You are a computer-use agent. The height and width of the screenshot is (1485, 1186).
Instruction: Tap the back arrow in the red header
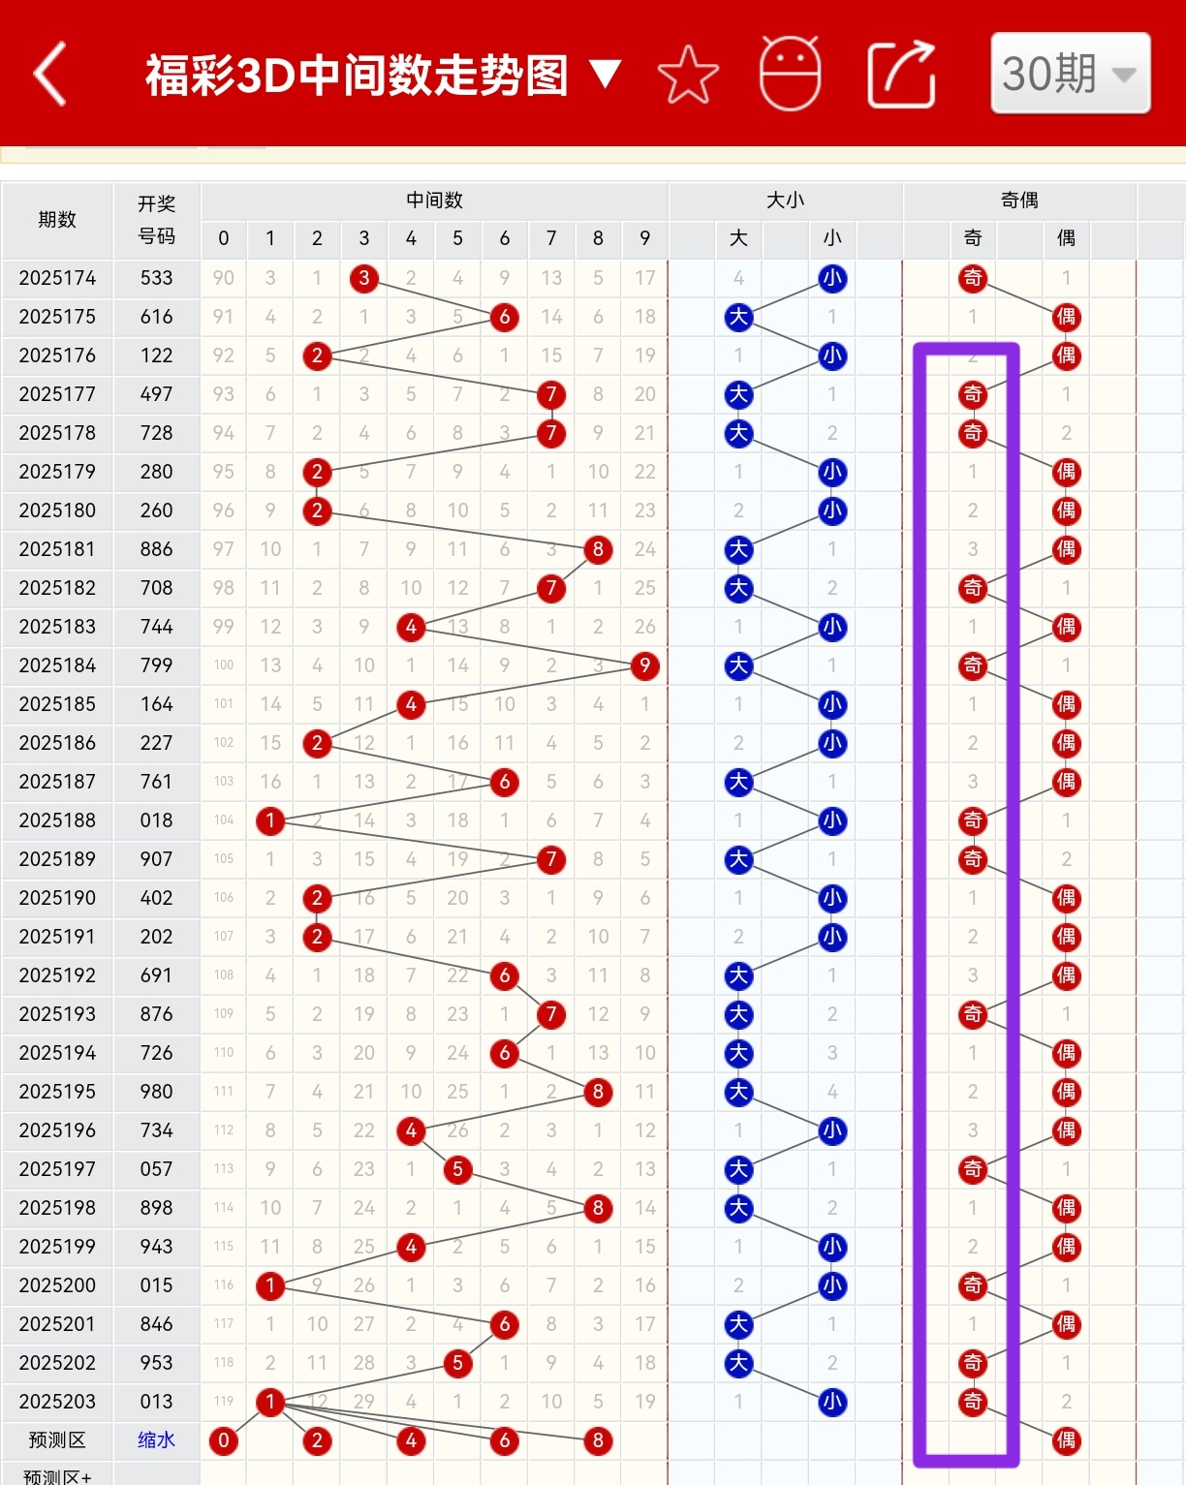[50, 74]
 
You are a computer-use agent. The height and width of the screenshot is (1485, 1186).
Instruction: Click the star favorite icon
[688, 75]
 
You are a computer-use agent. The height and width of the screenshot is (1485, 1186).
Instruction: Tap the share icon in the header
[901, 75]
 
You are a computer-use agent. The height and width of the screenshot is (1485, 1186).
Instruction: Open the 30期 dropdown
[1070, 74]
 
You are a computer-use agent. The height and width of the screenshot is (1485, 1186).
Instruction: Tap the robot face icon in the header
[790, 74]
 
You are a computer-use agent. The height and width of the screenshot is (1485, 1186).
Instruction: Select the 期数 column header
[57, 220]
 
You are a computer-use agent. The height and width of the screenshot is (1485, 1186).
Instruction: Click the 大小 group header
[785, 201]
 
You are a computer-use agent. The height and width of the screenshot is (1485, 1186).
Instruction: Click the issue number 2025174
[57, 278]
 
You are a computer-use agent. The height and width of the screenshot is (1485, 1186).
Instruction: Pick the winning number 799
[156, 665]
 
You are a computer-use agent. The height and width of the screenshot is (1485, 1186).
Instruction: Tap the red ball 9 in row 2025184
[644, 665]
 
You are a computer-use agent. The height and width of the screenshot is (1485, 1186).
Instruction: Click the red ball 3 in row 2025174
[363, 278]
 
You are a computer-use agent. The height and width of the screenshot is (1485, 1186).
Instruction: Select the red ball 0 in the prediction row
[223, 1440]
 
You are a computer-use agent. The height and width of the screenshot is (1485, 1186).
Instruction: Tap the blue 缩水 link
[156, 1440]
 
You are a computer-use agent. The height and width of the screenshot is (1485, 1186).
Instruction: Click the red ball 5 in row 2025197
[457, 1169]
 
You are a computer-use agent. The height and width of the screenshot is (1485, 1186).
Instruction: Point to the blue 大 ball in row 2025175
[738, 317]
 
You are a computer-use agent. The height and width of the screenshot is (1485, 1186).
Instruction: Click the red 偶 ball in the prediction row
[1066, 1440]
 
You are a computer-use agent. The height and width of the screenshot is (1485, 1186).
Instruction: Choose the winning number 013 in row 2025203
[156, 1402]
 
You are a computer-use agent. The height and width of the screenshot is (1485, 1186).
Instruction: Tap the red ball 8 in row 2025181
[598, 549]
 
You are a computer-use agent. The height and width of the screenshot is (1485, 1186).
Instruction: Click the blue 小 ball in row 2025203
[831, 1402]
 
